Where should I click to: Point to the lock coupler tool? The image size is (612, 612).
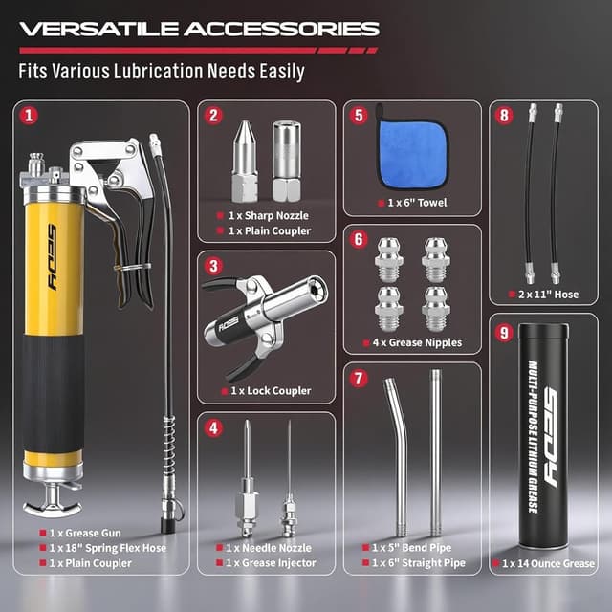(256, 323)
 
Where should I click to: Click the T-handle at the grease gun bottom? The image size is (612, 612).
(52, 497)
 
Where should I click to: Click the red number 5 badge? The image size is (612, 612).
(359, 116)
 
